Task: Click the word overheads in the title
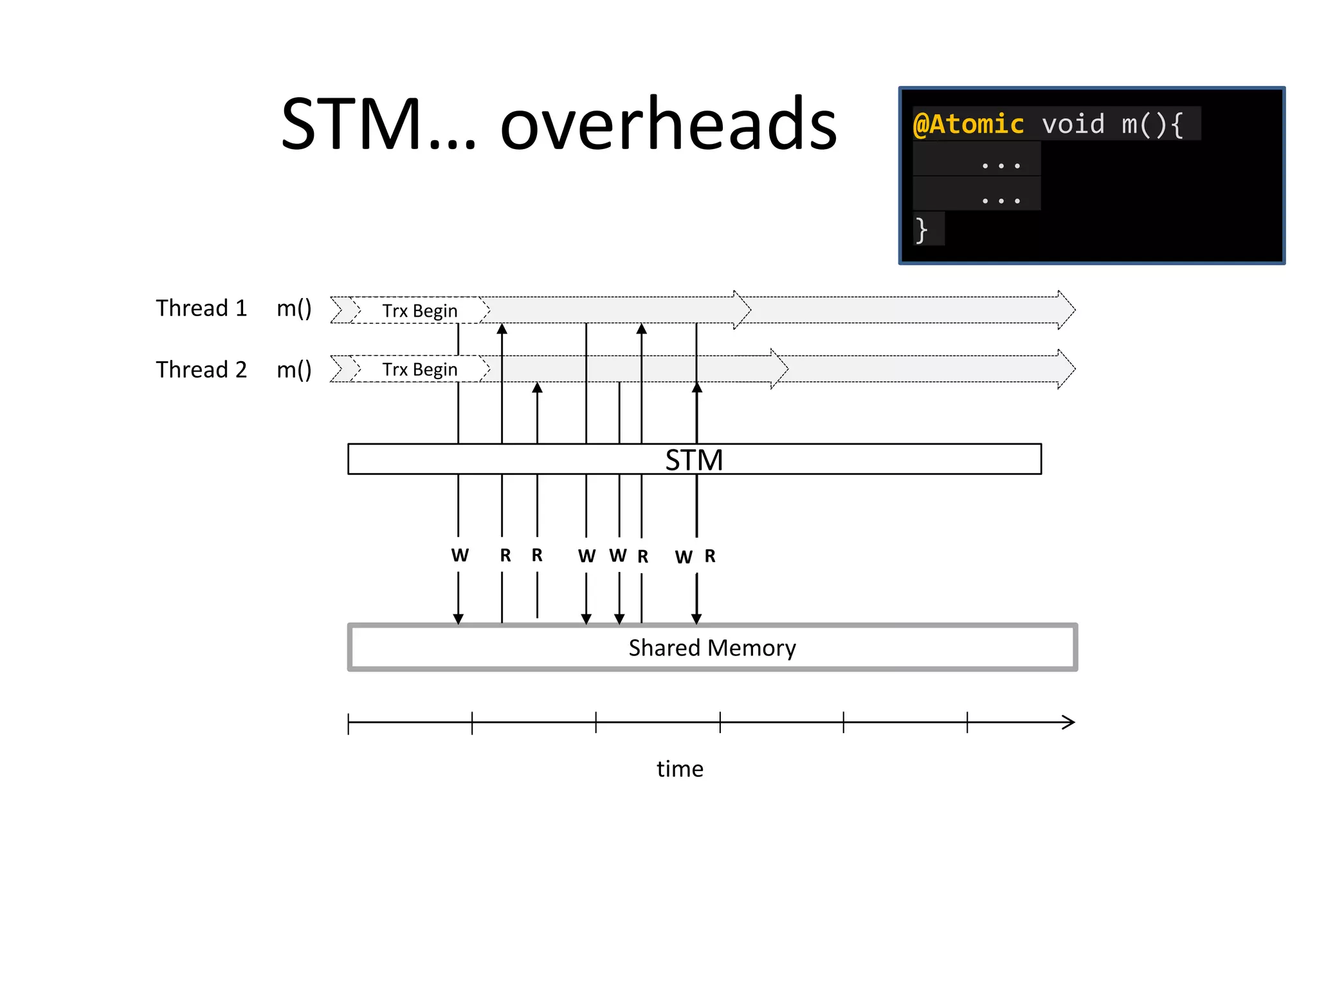pos(669,124)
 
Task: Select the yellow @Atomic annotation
pos(968,124)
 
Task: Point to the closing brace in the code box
pos(922,229)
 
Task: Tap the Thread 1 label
pos(201,308)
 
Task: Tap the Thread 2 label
pos(201,370)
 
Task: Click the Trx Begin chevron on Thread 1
pos(419,310)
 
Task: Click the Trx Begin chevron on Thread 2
pos(419,369)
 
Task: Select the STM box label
pos(694,460)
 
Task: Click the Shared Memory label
pos(712,648)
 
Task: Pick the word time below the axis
pos(680,769)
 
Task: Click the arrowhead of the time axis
pos(1069,722)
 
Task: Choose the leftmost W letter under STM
pos(460,555)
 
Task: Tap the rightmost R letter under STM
pos(710,556)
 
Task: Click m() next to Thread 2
pos(294,370)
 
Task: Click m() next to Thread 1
pos(294,308)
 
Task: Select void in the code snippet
pos(1073,124)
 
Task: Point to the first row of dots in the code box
pos(1001,165)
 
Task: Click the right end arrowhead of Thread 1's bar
pos(1067,310)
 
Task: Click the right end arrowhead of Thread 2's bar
pos(1067,369)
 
